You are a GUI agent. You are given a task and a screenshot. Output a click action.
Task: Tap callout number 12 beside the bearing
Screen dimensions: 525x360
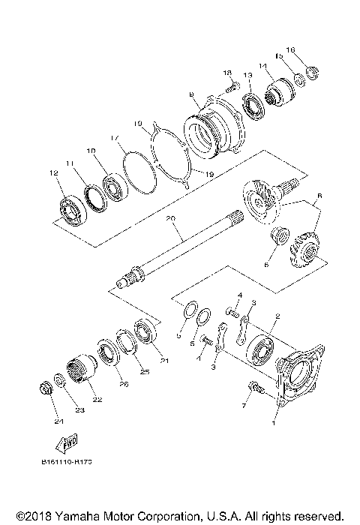tap(54, 173)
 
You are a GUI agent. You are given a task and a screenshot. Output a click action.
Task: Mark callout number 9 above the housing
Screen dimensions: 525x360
tap(192, 94)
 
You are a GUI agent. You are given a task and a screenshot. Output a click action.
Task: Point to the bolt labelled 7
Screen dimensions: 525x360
tap(255, 388)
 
